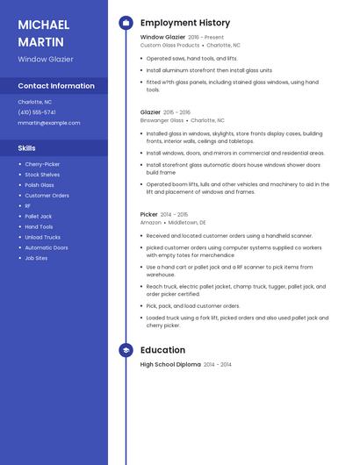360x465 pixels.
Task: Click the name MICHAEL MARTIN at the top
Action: click(40, 32)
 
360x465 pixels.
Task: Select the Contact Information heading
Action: click(56, 86)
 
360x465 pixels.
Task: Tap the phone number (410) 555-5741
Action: click(37, 112)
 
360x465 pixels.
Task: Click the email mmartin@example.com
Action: click(49, 123)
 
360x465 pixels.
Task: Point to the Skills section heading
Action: click(27, 148)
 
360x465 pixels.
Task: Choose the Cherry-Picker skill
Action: click(42, 164)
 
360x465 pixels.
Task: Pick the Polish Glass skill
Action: click(40, 185)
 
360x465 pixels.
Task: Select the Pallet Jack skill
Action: click(39, 216)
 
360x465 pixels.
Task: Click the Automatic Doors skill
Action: click(47, 247)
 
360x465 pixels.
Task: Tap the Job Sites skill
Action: click(36, 258)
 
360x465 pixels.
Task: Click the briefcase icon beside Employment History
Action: click(126, 23)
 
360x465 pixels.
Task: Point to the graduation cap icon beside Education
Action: click(126, 350)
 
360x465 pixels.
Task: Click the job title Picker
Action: click(149, 214)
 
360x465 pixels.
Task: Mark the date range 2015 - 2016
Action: click(177, 112)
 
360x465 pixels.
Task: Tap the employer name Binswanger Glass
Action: click(162, 120)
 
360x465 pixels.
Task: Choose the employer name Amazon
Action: click(151, 222)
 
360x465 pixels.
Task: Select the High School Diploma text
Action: click(170, 364)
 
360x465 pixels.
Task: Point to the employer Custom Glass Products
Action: click(170, 45)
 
